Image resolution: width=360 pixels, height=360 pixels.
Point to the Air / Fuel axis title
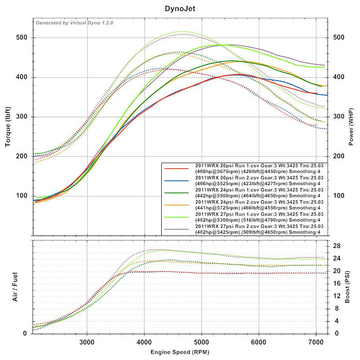coord(15,286)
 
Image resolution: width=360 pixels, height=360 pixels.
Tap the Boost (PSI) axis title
coord(347,286)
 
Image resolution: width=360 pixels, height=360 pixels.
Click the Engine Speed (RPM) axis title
coord(180,352)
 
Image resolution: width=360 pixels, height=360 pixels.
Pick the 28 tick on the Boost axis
coord(336,246)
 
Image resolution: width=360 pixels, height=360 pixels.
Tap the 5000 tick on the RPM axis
coord(202,342)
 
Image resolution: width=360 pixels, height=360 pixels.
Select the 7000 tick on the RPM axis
coord(316,342)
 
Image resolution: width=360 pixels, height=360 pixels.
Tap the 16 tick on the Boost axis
coord(336,283)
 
